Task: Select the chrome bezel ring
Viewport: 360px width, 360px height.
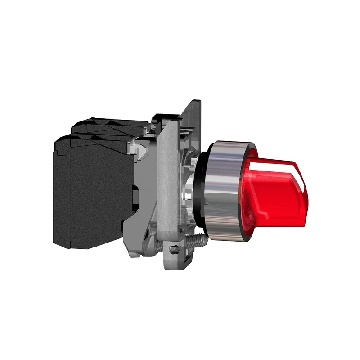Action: (x=225, y=189)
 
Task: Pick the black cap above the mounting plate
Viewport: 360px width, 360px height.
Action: (x=162, y=118)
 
